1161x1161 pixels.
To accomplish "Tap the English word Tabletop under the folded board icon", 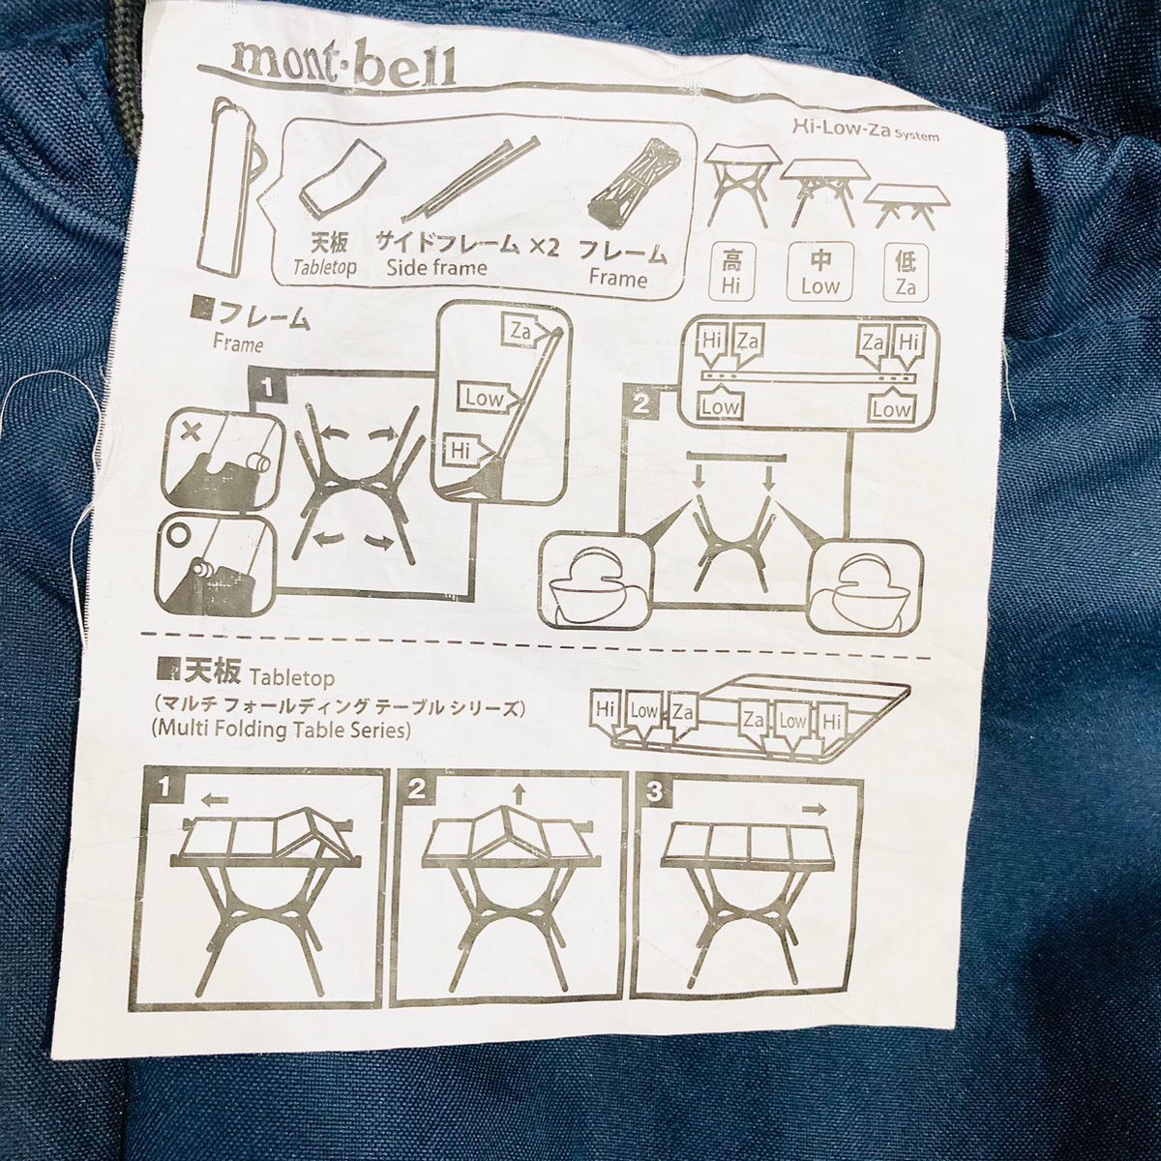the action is pyautogui.click(x=324, y=267).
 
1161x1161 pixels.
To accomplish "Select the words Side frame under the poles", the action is pyautogui.click(x=436, y=267).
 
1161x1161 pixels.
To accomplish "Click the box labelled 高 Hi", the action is pyautogui.click(x=731, y=271).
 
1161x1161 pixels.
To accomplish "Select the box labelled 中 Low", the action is pyautogui.click(x=820, y=271).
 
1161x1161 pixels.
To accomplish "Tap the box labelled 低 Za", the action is pyautogui.click(x=906, y=273).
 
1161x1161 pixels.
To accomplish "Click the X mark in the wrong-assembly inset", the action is pyautogui.click(x=192, y=432).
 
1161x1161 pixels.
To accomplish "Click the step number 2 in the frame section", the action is pyautogui.click(x=642, y=403).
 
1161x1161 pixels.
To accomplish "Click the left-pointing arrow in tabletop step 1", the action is pyautogui.click(x=215, y=801).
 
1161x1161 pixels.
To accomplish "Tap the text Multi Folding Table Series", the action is pyautogui.click(x=282, y=730).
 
